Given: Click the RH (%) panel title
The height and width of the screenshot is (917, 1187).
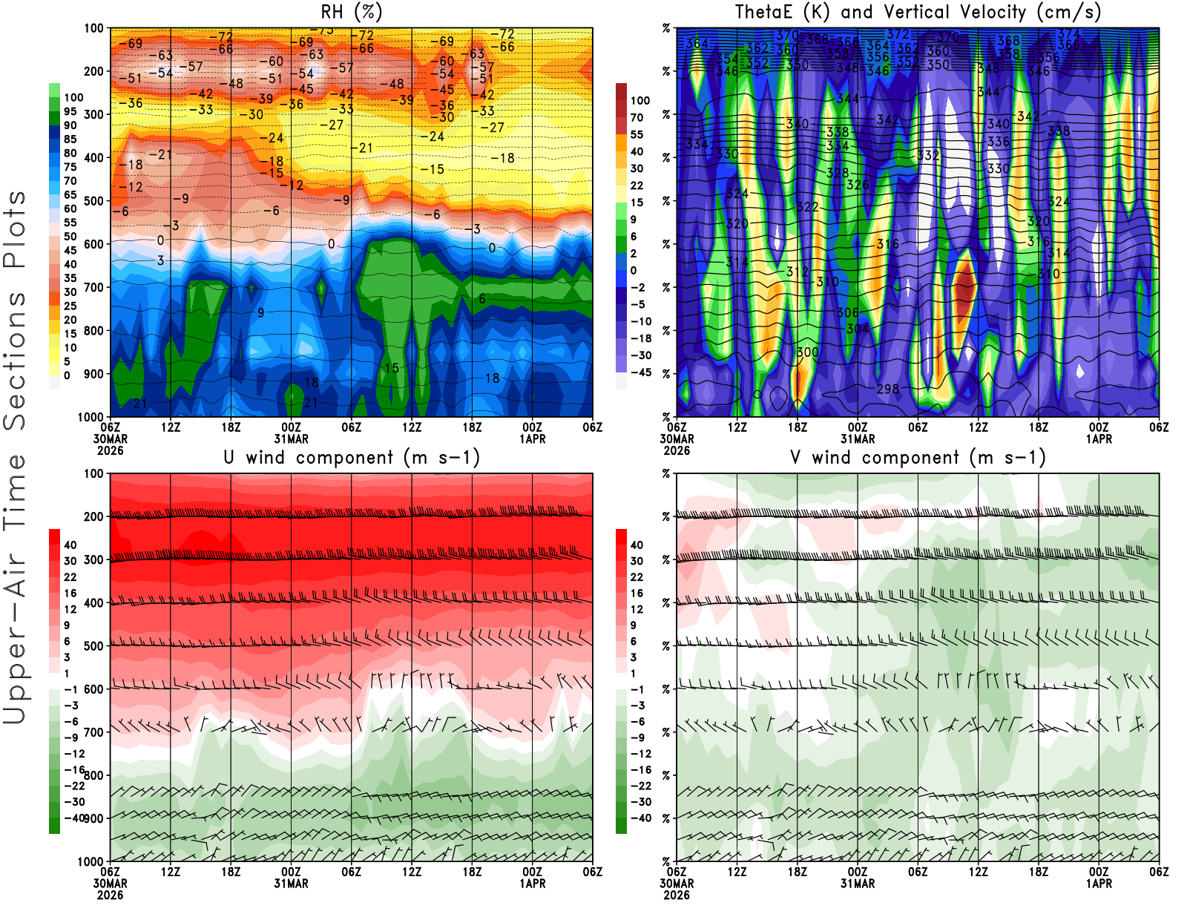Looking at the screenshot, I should (x=352, y=12).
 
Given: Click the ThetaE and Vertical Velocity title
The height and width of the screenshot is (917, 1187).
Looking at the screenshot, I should (x=918, y=12).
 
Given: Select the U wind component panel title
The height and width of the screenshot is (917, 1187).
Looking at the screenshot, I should (x=352, y=457).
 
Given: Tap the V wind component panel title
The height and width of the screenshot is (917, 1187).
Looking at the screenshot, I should (x=918, y=457).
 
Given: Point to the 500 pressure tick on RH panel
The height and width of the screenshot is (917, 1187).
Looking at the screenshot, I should (x=93, y=200).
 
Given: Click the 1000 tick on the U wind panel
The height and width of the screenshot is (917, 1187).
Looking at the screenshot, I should (x=91, y=861).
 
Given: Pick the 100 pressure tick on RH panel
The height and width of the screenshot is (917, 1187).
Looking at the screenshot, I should (x=93, y=28).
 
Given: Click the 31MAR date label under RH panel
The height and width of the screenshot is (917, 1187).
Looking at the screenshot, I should (x=291, y=438).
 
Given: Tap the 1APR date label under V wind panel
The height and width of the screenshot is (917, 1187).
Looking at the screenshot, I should (x=1099, y=884).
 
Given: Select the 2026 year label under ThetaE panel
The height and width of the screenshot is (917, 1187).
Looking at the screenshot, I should (x=677, y=450).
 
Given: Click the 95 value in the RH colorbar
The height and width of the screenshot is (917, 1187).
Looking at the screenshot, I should (x=70, y=111).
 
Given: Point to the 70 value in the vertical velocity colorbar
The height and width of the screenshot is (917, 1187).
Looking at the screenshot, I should (x=637, y=117).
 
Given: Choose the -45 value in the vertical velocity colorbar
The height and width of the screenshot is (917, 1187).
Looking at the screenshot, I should (x=641, y=372).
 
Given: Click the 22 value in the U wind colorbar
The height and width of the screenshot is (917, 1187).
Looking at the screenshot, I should (x=70, y=577).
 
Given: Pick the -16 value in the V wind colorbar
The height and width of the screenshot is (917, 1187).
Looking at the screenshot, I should (x=640, y=770).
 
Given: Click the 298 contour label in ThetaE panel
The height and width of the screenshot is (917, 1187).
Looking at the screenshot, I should (x=888, y=389).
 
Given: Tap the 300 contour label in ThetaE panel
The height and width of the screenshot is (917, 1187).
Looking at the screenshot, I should (x=807, y=352).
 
